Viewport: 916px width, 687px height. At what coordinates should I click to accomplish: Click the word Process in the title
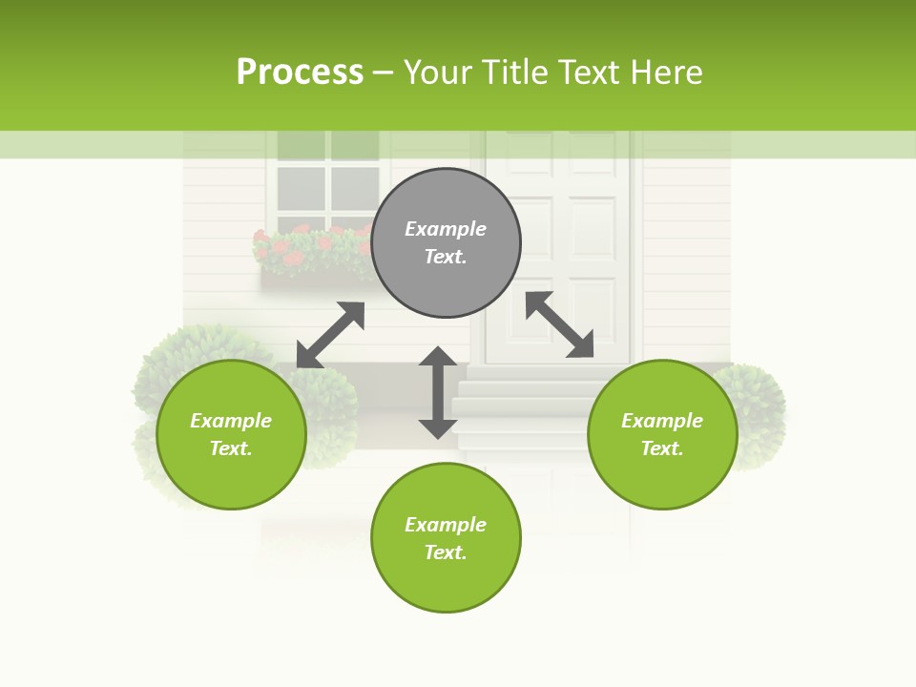(300, 73)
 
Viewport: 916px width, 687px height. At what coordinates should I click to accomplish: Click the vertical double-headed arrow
(438, 392)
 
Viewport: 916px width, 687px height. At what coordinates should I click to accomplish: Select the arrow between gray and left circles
(330, 335)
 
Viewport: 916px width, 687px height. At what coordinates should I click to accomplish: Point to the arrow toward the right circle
(559, 324)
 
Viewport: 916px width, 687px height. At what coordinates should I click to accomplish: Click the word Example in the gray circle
(446, 229)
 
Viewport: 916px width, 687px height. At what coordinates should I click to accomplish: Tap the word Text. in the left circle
(231, 448)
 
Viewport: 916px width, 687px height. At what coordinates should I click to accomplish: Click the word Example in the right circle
(662, 421)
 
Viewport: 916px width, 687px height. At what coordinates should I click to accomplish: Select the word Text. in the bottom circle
(446, 552)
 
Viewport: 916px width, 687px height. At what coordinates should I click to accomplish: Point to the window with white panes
(327, 181)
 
